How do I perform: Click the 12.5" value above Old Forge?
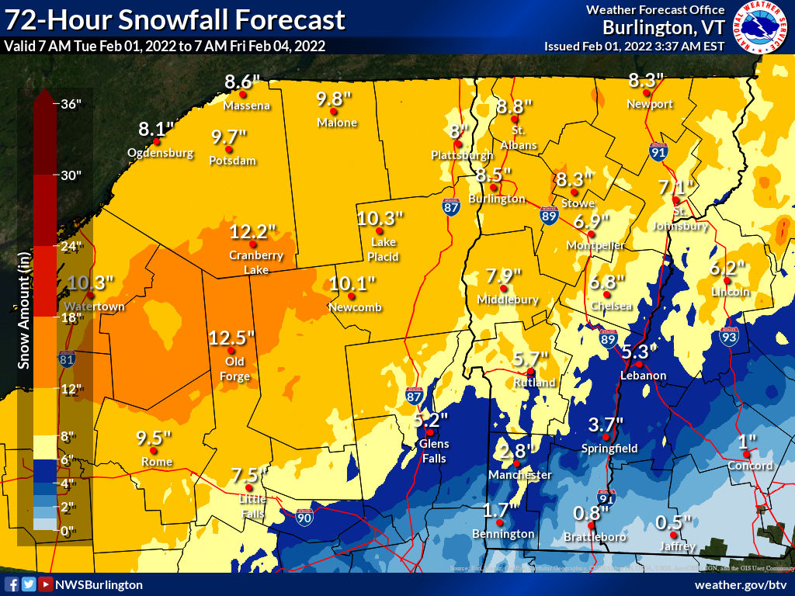(x=232, y=338)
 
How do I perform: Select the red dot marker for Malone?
(x=334, y=112)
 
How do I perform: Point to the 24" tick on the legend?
(x=71, y=247)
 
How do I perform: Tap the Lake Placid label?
(x=384, y=249)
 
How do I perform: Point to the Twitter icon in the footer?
(x=29, y=584)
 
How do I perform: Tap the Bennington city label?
(x=503, y=534)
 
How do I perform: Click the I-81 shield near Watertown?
(x=67, y=359)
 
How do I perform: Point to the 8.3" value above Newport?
(x=646, y=80)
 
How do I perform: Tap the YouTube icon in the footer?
(x=46, y=584)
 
